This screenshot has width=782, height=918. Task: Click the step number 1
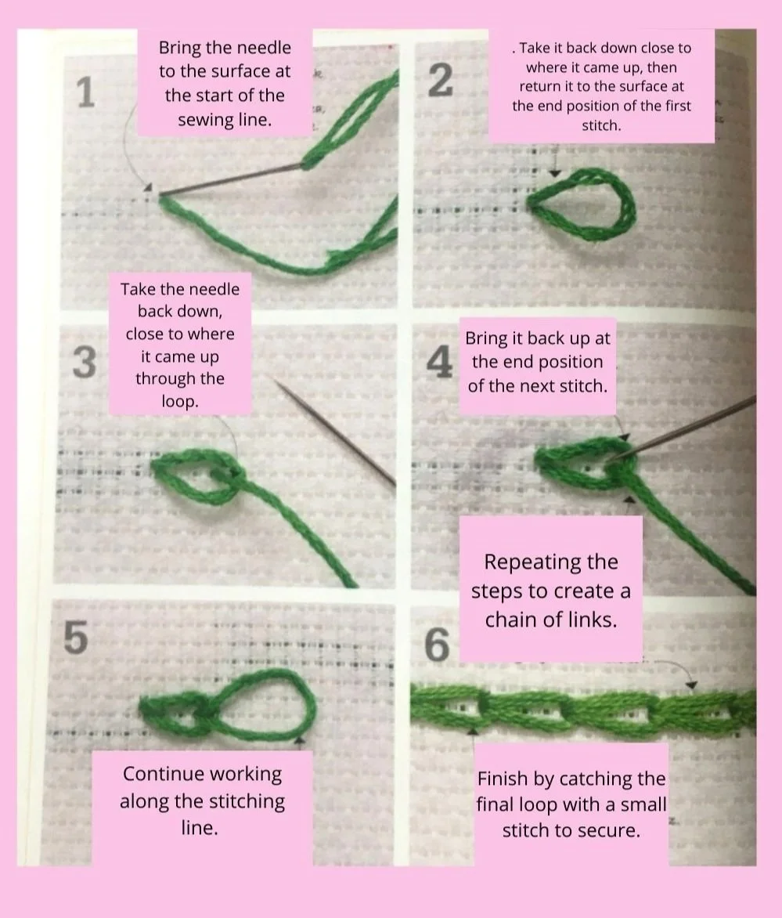[87, 93]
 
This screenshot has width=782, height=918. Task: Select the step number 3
[84, 363]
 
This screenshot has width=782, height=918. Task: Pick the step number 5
[75, 638]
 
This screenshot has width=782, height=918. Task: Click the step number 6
[437, 645]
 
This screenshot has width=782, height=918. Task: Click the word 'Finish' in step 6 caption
[504, 779]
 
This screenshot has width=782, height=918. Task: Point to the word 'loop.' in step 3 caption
[179, 402]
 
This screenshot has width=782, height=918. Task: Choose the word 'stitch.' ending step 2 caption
[600, 125]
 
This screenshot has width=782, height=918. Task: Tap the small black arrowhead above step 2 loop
[555, 172]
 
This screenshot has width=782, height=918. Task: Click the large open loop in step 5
[266, 703]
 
